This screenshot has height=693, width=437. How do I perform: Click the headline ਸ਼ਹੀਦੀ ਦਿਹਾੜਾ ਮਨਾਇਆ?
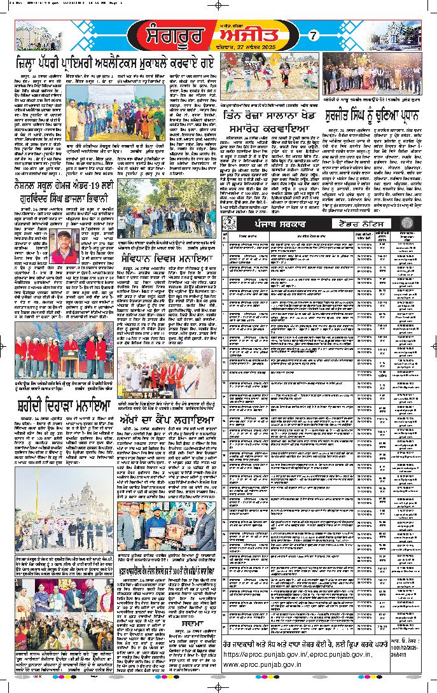(64, 405)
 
